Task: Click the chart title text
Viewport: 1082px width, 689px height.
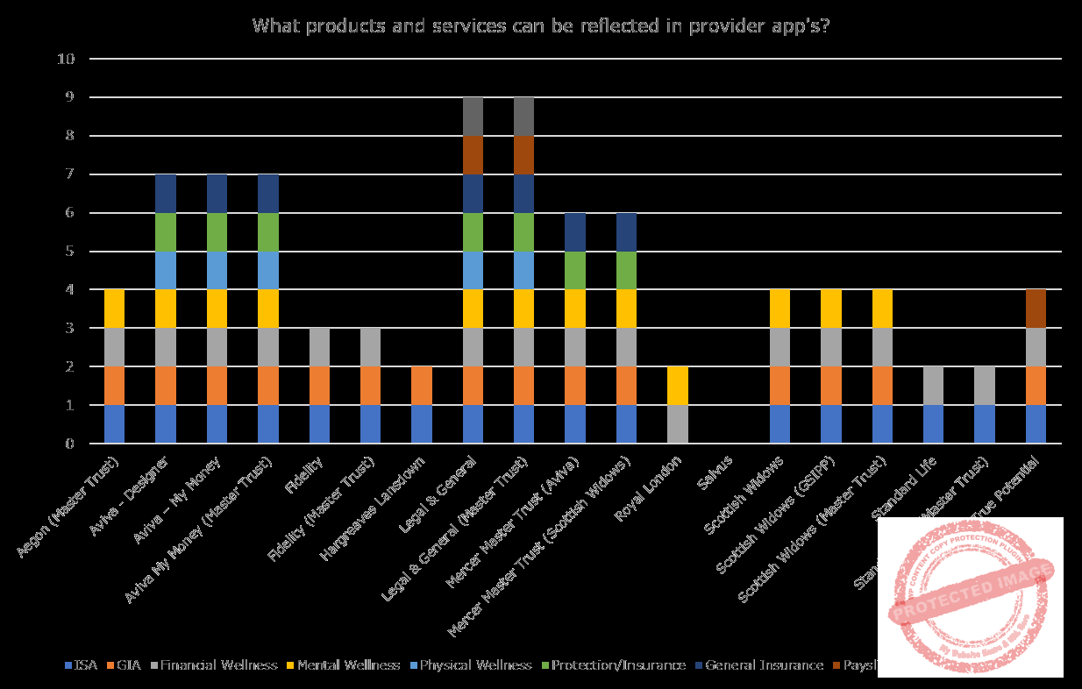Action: pos(541,25)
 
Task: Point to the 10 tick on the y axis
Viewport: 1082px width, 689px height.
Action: pos(68,60)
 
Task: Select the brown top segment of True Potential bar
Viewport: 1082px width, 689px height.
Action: pos(1036,309)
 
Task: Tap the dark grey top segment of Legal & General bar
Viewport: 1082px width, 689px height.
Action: pos(473,117)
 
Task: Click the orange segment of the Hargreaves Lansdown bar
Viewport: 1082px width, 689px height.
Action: pos(423,386)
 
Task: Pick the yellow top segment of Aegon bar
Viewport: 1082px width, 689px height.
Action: pos(114,309)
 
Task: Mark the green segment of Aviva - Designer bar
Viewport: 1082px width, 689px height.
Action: pos(166,232)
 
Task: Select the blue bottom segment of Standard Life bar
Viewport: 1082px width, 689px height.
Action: pos(933,424)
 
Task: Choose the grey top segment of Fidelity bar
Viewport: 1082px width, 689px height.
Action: pos(320,347)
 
